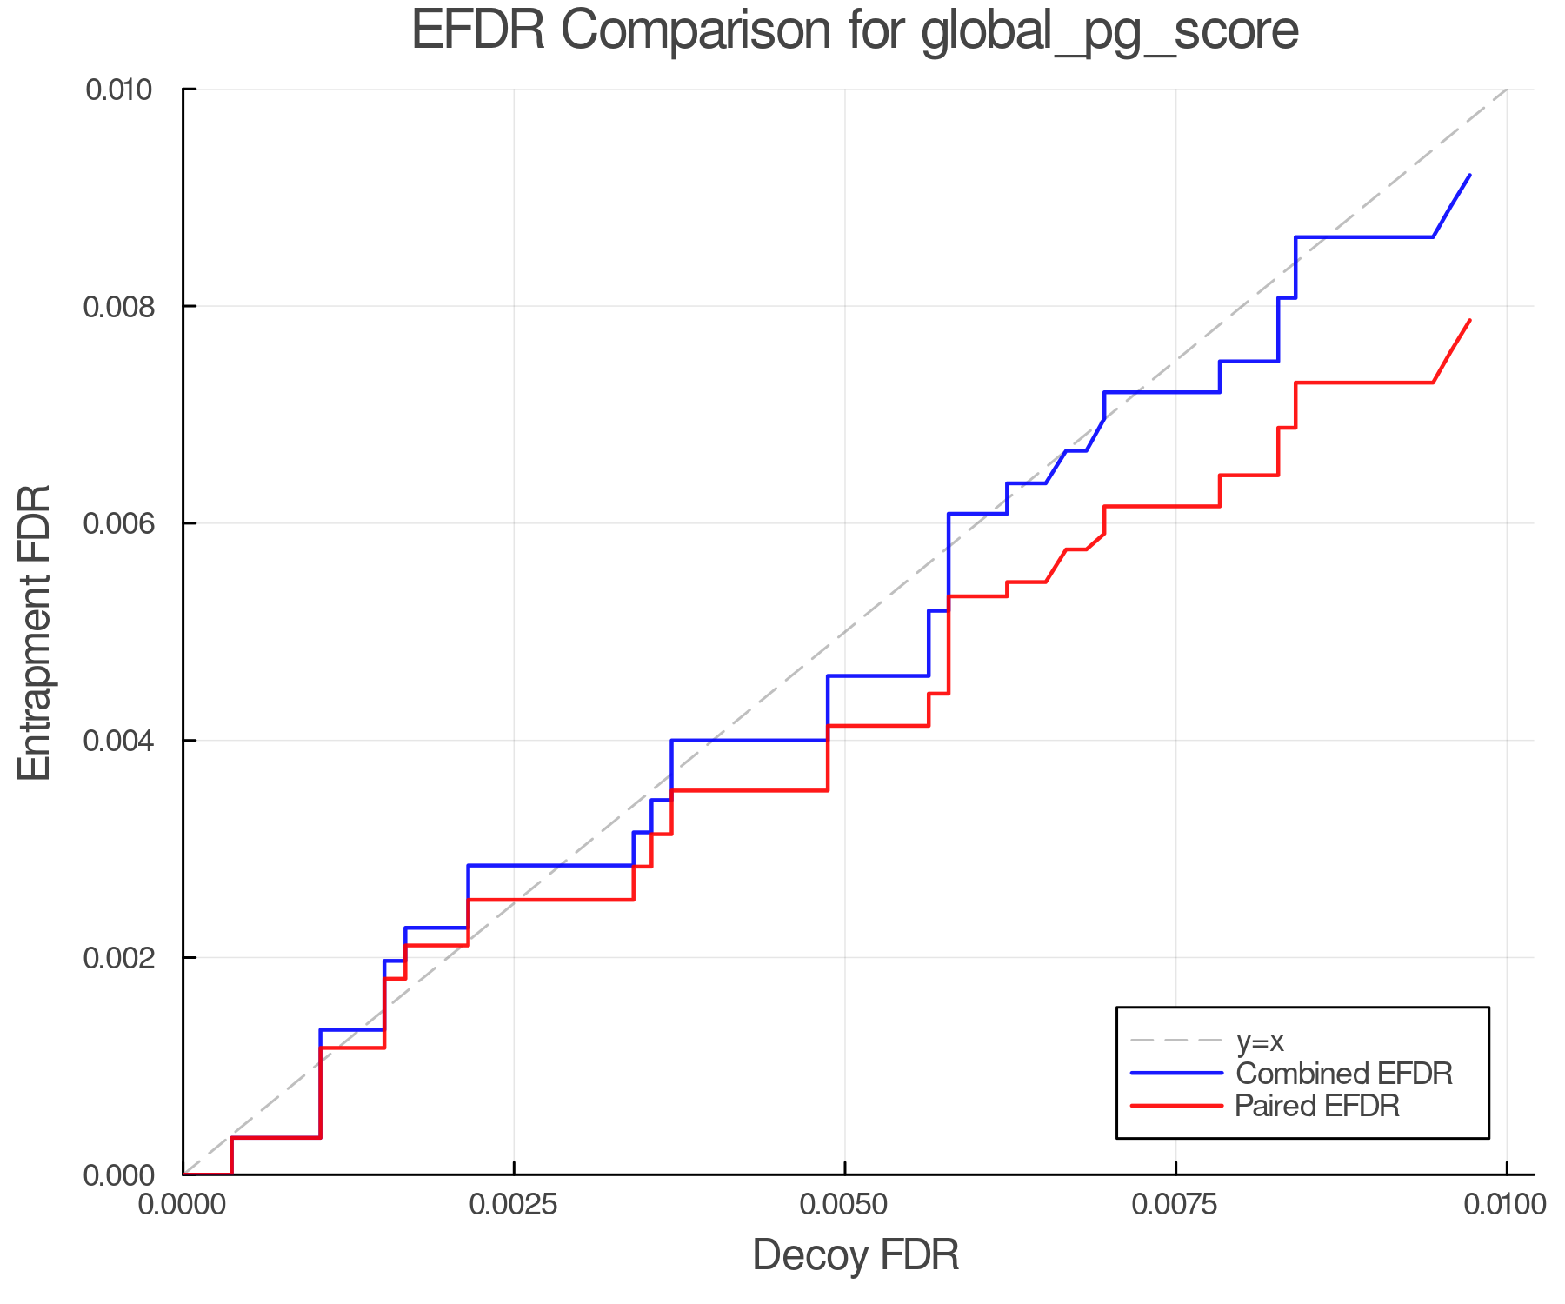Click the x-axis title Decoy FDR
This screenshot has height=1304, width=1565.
coord(855,1255)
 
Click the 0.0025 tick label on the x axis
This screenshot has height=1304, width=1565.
coord(514,1205)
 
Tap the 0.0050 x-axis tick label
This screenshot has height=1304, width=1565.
coord(845,1205)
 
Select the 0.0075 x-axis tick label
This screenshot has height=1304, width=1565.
coord(1176,1205)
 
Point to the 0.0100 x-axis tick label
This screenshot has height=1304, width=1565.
coord(1505,1205)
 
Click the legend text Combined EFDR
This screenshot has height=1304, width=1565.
coord(1343,1074)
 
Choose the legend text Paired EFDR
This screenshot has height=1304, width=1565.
coord(1317,1106)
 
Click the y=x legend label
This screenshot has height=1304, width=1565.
coord(1260,1041)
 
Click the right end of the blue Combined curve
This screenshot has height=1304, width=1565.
coord(1469,176)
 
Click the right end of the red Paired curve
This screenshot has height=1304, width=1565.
coord(1469,321)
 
